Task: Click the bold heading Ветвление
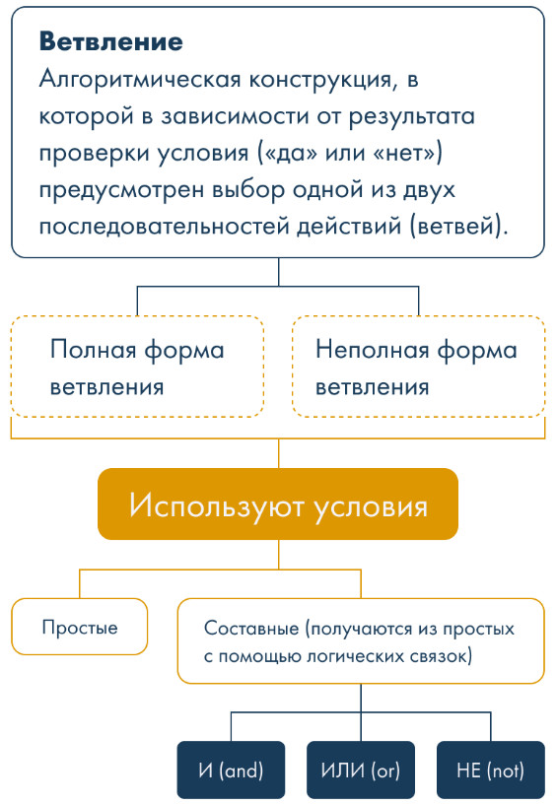click(x=110, y=41)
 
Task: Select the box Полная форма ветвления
click(x=137, y=367)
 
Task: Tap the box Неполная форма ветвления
click(x=419, y=367)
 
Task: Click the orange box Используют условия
click(x=278, y=503)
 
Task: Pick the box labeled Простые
click(x=80, y=627)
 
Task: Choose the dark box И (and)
click(x=231, y=770)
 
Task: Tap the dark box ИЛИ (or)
click(x=361, y=770)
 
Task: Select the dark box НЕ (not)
click(x=491, y=770)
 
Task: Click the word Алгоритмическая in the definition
click(x=140, y=80)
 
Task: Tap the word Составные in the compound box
click(x=251, y=629)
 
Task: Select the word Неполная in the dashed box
click(x=373, y=350)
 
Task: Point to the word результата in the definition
click(x=412, y=117)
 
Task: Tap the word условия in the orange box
click(x=371, y=506)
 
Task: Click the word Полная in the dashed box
click(x=94, y=350)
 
